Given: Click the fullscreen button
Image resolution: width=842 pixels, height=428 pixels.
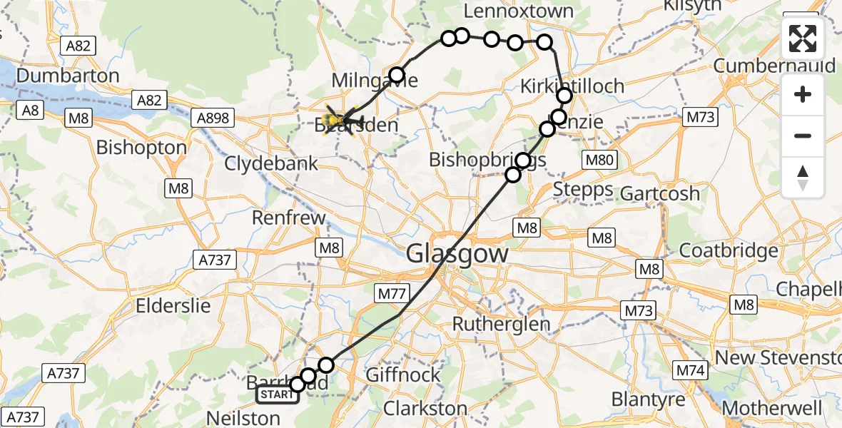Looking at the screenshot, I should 803,39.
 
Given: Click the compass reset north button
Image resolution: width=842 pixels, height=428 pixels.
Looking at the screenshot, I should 803,178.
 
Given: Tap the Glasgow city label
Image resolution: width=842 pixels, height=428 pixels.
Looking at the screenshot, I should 457,254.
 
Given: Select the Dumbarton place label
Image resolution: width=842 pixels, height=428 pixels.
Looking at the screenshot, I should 68,76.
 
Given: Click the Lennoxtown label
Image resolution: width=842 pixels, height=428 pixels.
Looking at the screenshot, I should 519,11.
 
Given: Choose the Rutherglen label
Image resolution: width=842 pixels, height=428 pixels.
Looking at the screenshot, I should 502,324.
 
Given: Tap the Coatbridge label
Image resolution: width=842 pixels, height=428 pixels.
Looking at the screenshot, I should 729,251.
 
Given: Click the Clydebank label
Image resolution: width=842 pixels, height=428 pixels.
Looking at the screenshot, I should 271,163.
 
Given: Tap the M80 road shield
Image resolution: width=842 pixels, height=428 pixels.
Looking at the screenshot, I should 599,160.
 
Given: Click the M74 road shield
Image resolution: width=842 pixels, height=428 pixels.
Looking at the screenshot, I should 689,370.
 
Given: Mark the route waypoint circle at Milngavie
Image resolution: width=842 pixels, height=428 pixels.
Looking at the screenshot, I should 397,74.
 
